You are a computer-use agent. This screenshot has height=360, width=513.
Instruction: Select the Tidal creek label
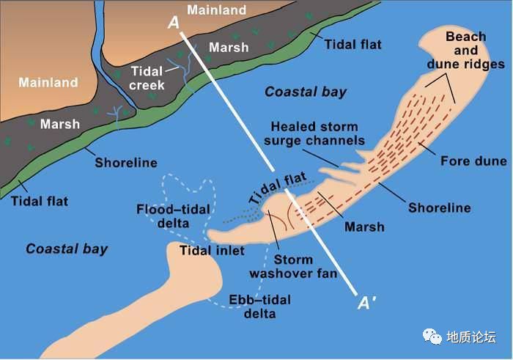coord(147,76)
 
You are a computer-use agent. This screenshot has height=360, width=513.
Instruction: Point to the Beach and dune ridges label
coord(465,51)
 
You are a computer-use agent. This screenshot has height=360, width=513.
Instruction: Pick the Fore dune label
coord(464,161)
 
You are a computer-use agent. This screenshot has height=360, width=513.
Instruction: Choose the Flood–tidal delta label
coord(173,216)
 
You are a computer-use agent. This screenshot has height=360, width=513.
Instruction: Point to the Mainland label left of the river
coord(48,82)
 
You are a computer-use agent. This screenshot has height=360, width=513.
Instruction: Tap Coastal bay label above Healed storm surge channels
coord(306,92)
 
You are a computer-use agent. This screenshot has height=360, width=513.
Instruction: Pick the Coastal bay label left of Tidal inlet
coord(67,249)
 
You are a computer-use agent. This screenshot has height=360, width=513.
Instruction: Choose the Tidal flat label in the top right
coord(354,45)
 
